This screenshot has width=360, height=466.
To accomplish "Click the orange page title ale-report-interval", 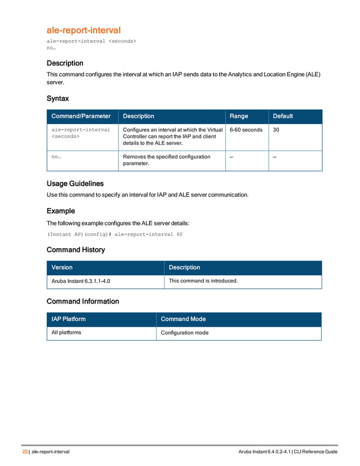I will point(84,29).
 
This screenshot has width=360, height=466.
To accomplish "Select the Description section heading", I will point(65,63).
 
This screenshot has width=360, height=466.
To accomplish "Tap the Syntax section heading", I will point(58,98).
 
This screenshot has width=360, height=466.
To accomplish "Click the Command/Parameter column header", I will point(81,116).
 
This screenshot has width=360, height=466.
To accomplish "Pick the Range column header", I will point(239,116).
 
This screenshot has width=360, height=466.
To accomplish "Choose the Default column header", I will point(283,116).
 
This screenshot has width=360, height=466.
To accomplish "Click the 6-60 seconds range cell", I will point(246,130).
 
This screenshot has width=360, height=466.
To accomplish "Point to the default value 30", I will point(276,130).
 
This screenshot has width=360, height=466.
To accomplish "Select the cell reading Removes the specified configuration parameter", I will point(166,160).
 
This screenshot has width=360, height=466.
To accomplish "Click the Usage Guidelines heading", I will point(75,183).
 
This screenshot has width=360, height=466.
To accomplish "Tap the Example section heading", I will point(60,211).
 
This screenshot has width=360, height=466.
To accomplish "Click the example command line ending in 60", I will point(115,234).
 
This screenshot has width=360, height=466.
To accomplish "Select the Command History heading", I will point(76,249).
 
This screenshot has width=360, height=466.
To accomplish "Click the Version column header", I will point(62,267).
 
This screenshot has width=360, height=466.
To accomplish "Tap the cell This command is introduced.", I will point(203,280).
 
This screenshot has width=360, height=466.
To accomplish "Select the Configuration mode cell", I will point(185,333).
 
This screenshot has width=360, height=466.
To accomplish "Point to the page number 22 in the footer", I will point(25,452).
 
